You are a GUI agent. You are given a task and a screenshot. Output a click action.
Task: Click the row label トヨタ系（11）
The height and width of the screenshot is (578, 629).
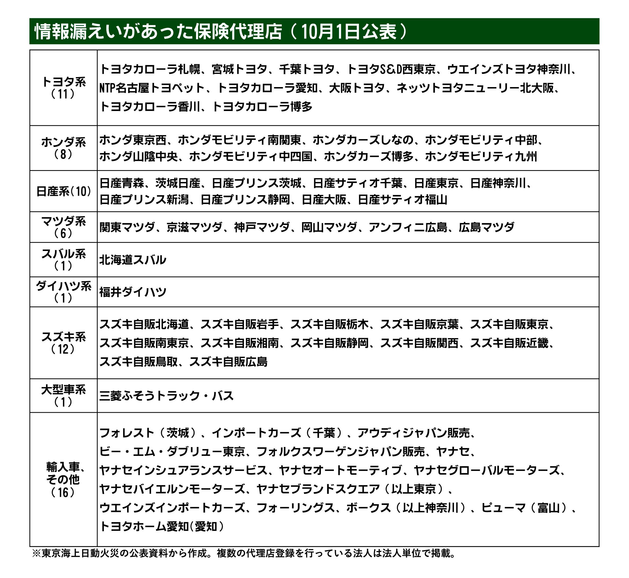click(x=63, y=88)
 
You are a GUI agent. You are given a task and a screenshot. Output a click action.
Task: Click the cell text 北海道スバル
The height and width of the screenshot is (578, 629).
click(x=133, y=260)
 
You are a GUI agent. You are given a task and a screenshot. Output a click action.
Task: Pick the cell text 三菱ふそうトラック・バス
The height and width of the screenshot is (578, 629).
click(x=166, y=396)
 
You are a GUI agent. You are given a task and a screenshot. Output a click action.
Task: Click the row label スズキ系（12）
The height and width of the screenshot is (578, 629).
click(x=63, y=343)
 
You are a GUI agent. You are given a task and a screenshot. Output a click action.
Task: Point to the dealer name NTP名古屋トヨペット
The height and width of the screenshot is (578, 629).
click(x=152, y=88)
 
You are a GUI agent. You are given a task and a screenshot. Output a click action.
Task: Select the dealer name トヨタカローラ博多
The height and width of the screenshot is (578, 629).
click(x=262, y=107)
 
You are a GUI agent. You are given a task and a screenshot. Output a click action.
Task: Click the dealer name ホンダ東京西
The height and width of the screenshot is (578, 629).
click(x=133, y=140)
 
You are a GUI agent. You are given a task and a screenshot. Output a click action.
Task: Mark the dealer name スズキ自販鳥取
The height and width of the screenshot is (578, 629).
click(x=139, y=362)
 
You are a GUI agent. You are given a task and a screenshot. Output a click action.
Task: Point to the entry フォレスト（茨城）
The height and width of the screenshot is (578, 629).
click(x=149, y=433)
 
